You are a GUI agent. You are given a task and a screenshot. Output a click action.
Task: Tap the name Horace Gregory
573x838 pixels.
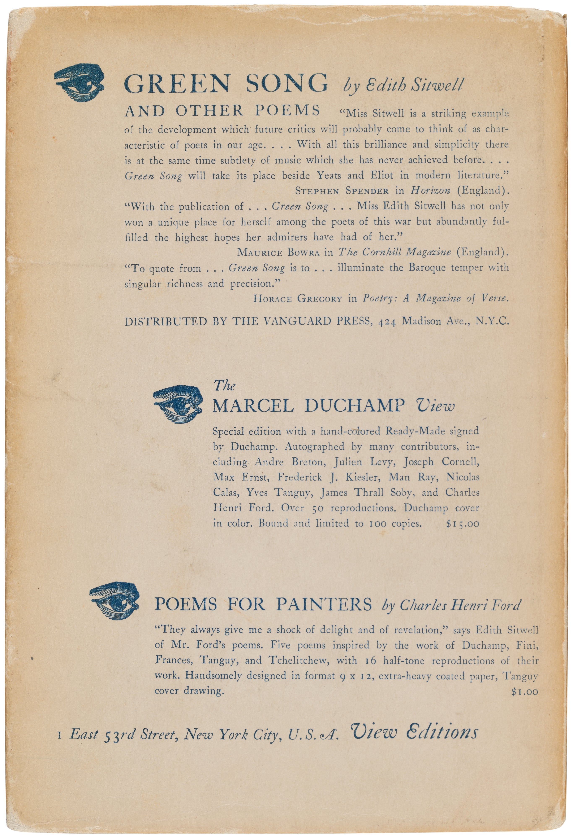(297, 299)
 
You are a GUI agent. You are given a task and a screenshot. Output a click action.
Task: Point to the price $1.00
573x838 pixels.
(524, 692)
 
